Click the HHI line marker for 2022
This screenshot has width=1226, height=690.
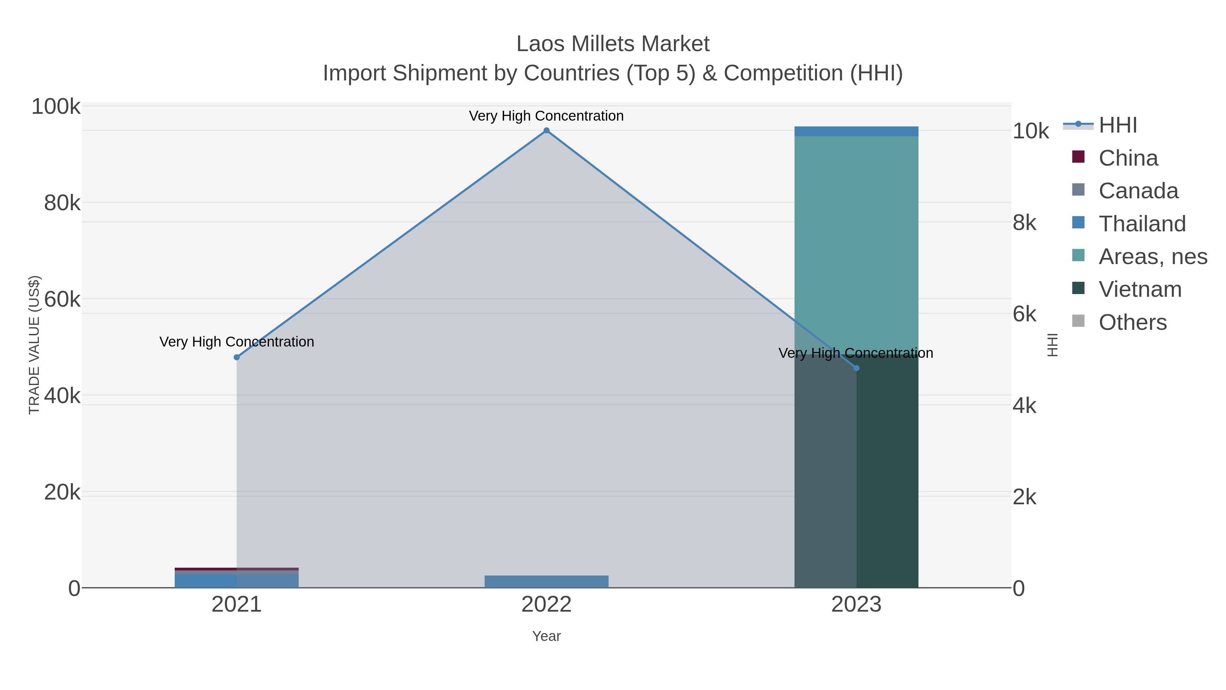(546, 131)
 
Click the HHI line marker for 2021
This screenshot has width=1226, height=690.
(237, 357)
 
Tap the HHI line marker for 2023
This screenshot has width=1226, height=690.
(856, 368)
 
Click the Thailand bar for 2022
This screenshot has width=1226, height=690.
(546, 581)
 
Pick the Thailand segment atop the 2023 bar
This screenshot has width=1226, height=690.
(856, 132)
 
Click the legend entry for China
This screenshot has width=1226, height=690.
(1128, 158)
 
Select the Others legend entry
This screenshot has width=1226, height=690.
(1132, 322)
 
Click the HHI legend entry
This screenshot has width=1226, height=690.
(1117, 125)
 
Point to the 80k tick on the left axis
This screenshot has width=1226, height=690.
(62, 203)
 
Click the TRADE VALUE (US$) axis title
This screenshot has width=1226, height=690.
(34, 345)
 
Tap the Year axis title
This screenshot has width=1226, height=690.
(546, 636)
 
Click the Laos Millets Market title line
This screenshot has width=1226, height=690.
(613, 44)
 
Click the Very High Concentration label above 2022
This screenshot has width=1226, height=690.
(546, 116)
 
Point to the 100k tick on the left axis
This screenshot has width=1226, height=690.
(56, 107)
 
